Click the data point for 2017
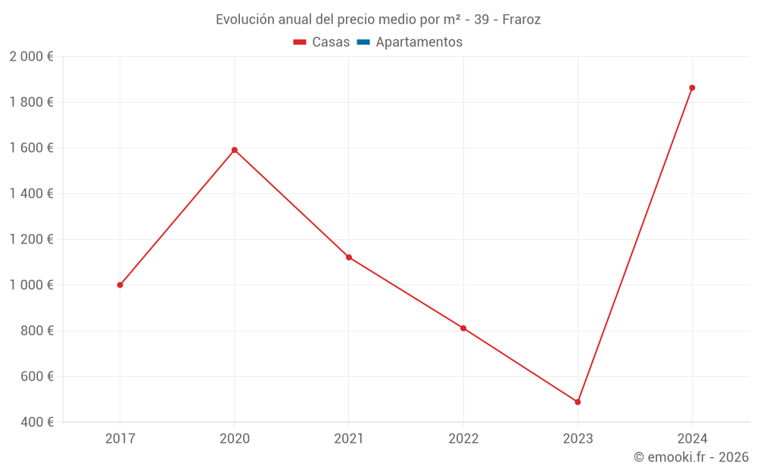tap(120, 285)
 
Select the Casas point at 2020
tap(235, 150)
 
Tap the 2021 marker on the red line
tap(349, 257)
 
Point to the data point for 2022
tap(463, 328)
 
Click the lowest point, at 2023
tap(578, 402)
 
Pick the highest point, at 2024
tap(692, 88)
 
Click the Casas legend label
tap(331, 42)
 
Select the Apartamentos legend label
tap(419, 42)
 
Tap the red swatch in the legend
tap(300, 42)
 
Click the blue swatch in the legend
tap(363, 42)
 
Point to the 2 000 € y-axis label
tap(31, 57)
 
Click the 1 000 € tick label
tap(31, 285)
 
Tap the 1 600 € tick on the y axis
tap(31, 148)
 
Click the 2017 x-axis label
tap(120, 439)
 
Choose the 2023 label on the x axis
tap(578, 439)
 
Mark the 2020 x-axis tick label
tap(235, 439)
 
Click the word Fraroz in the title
tap(522, 20)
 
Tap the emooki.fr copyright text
tap(691, 457)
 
